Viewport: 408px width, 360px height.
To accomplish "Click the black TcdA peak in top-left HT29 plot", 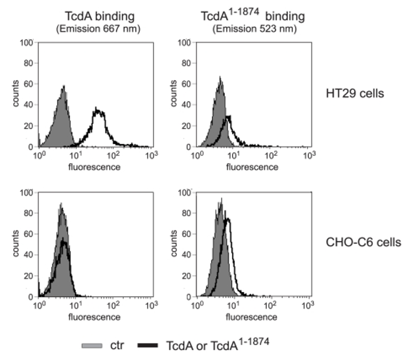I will [98, 110].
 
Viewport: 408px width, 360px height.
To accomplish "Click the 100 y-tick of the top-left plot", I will [28, 42].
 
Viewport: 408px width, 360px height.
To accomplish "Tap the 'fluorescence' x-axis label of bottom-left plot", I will [94, 317].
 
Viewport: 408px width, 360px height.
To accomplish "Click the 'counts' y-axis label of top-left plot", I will [17, 94].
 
